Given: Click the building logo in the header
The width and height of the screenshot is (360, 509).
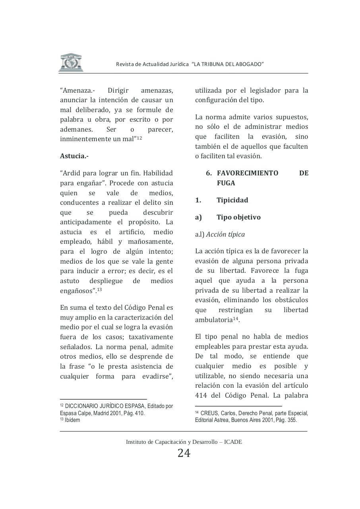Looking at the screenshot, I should (71, 63).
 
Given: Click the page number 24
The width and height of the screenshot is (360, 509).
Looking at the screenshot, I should (184, 453).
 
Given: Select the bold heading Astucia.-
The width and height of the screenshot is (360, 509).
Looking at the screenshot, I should (74, 156).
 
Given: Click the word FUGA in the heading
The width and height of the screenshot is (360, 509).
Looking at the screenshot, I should (226, 183).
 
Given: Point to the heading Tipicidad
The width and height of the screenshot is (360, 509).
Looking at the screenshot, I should (232, 200).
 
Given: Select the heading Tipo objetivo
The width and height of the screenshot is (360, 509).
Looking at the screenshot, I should (238, 217).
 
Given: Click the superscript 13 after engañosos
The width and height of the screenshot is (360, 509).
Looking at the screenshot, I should (99, 289).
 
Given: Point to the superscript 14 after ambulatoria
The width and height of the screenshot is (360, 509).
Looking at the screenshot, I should (235, 319).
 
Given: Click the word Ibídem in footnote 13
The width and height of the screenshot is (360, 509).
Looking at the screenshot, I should (72, 420).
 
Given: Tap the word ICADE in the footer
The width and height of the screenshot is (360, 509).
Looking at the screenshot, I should (233, 442).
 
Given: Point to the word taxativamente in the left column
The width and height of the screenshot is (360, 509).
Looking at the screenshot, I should (151, 337).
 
